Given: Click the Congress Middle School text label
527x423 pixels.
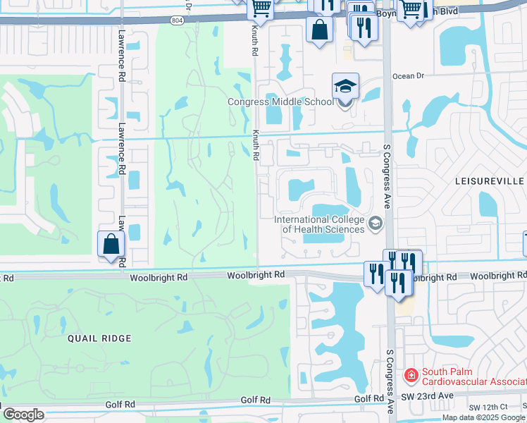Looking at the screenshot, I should pyautogui.click(x=280, y=102).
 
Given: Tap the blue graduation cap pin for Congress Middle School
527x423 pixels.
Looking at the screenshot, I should pyautogui.click(x=345, y=87).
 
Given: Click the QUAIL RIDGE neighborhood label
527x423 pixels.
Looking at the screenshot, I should pyautogui.click(x=99, y=338).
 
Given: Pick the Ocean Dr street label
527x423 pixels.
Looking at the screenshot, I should pyautogui.click(x=409, y=76).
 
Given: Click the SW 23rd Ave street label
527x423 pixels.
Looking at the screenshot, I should pyautogui.click(x=438, y=397).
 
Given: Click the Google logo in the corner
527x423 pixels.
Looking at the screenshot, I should pyautogui.click(x=23, y=415).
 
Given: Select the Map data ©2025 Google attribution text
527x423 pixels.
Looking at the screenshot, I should pyautogui.click(x=483, y=417).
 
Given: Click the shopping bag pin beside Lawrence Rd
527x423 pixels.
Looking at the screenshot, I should pyautogui.click(x=111, y=244).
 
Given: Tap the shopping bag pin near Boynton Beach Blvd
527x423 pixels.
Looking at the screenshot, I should pyautogui.click(x=320, y=30).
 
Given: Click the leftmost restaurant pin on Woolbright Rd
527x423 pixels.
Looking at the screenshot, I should pyautogui.click(x=375, y=273).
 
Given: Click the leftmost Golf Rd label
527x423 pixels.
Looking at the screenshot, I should pyautogui.click(x=120, y=404).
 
